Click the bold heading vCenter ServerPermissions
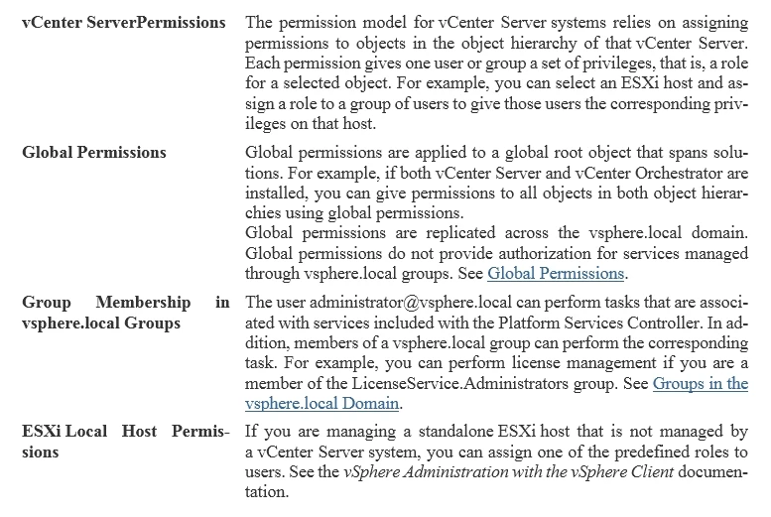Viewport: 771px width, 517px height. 123,22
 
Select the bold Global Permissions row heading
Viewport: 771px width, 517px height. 94,153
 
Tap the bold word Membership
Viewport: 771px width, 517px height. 145,302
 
